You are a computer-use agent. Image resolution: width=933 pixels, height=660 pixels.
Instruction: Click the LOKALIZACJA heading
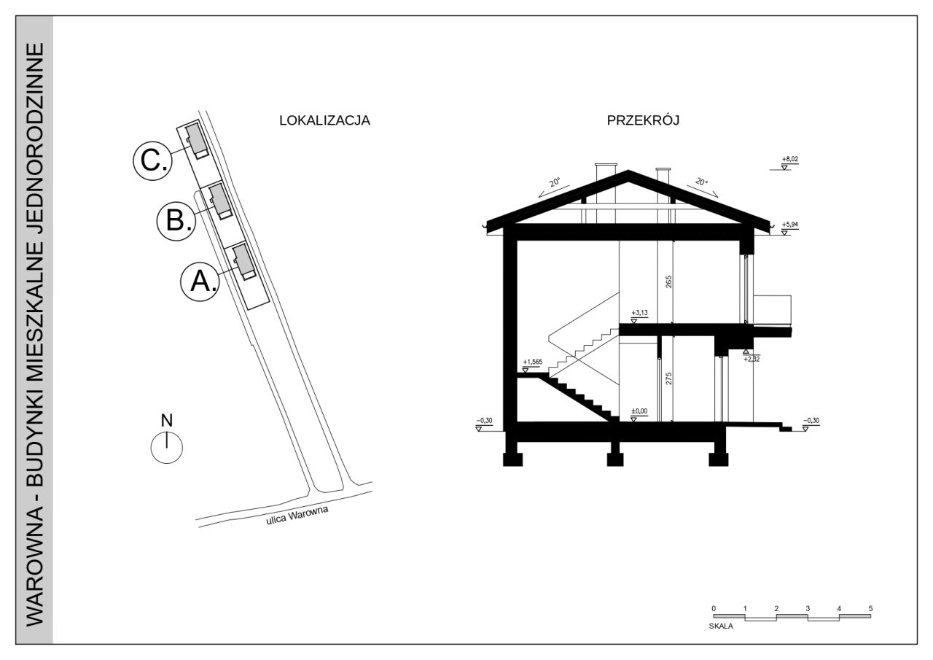324,120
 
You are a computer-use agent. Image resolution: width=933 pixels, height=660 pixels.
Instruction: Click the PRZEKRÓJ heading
643,120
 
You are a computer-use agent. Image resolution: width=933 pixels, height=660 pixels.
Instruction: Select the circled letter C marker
152,161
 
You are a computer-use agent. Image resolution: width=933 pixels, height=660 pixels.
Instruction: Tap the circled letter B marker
176,221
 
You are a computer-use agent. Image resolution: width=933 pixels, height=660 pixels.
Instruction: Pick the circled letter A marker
200,282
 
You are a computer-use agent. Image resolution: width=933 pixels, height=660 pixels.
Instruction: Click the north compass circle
167,448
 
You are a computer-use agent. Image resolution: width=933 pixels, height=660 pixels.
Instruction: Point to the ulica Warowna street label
297,516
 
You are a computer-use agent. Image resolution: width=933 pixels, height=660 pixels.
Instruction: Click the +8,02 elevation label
789,159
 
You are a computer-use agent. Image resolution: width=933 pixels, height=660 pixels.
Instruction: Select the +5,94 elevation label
789,225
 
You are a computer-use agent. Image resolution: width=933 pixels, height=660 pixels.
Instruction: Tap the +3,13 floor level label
639,313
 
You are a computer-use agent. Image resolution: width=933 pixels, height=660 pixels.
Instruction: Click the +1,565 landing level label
533,362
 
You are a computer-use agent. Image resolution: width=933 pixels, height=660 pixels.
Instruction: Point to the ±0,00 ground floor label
639,411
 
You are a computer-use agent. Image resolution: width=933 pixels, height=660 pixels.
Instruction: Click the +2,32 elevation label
752,359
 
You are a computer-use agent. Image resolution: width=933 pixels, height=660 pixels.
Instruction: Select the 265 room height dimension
669,282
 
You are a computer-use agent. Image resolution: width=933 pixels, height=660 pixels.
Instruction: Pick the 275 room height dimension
669,378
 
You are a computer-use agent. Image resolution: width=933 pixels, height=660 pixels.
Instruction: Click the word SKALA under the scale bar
721,626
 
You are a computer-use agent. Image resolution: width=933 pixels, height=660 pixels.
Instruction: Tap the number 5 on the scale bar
870,608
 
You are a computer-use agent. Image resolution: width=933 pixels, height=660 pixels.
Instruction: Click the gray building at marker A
244,261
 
